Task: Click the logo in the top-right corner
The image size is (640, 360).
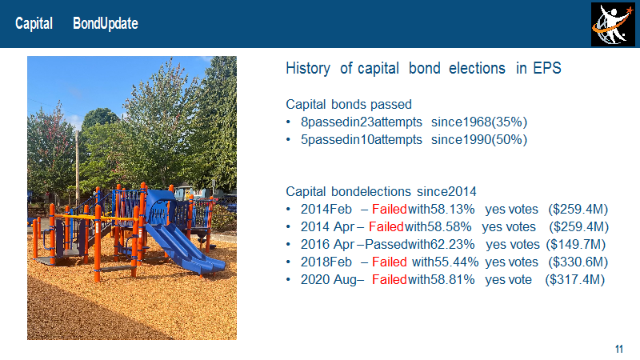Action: pyautogui.click(x=613, y=24)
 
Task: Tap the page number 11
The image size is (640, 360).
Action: pyautogui.click(x=618, y=349)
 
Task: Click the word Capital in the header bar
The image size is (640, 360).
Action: pyautogui.click(x=34, y=24)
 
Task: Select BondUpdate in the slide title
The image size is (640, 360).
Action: pyautogui.click(x=106, y=24)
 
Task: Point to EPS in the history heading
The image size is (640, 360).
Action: pyautogui.click(x=547, y=68)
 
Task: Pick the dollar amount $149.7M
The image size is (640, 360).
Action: pyautogui.click(x=575, y=244)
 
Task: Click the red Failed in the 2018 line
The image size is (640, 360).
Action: pyautogui.click(x=390, y=262)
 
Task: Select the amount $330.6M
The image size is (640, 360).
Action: pyautogui.click(x=578, y=262)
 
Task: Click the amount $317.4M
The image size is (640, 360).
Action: pyautogui.click(x=574, y=279)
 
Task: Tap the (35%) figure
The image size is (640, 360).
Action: pyautogui.click(x=509, y=122)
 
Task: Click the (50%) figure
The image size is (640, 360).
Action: pyautogui.click(x=509, y=139)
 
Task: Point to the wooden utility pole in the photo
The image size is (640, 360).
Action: pyautogui.click(x=77, y=167)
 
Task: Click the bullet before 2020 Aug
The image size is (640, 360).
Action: pyautogui.click(x=288, y=279)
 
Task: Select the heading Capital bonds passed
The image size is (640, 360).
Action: pyautogui.click(x=349, y=104)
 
